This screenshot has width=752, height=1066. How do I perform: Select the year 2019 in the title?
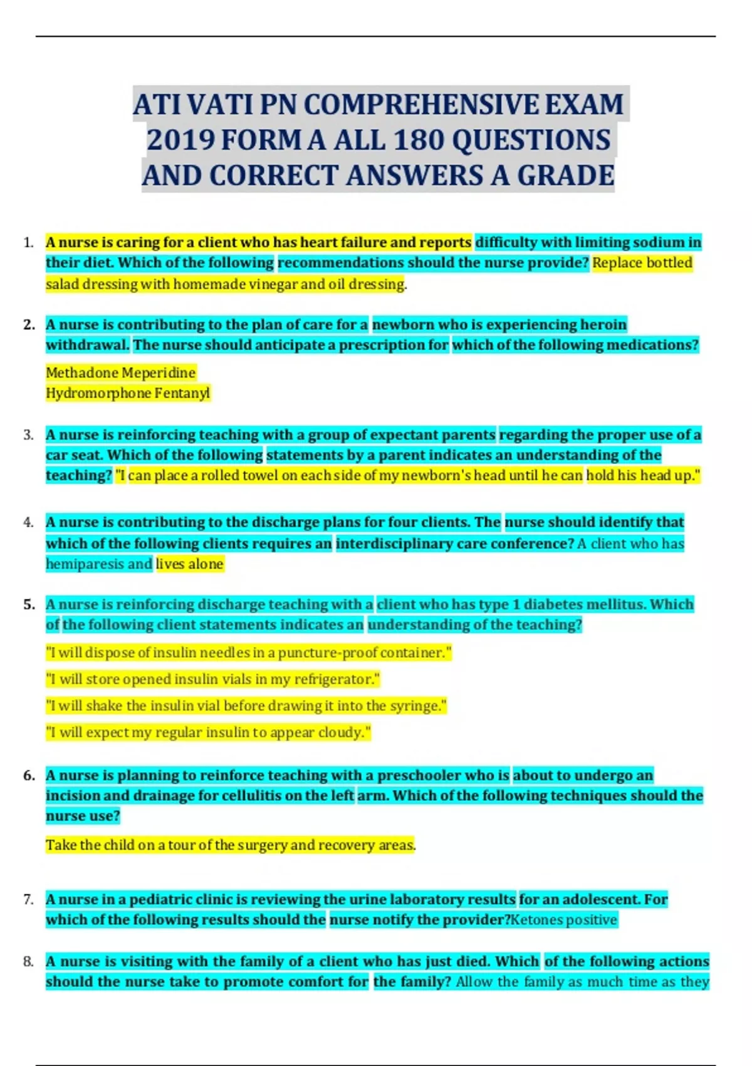181,140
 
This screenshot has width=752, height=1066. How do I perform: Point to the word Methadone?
81,372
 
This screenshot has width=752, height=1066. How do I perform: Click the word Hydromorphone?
90,393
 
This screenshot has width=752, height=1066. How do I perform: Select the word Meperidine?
159,372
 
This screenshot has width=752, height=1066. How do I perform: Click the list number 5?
29,604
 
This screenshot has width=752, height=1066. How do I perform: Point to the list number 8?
28,961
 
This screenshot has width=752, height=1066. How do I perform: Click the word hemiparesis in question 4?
85,564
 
